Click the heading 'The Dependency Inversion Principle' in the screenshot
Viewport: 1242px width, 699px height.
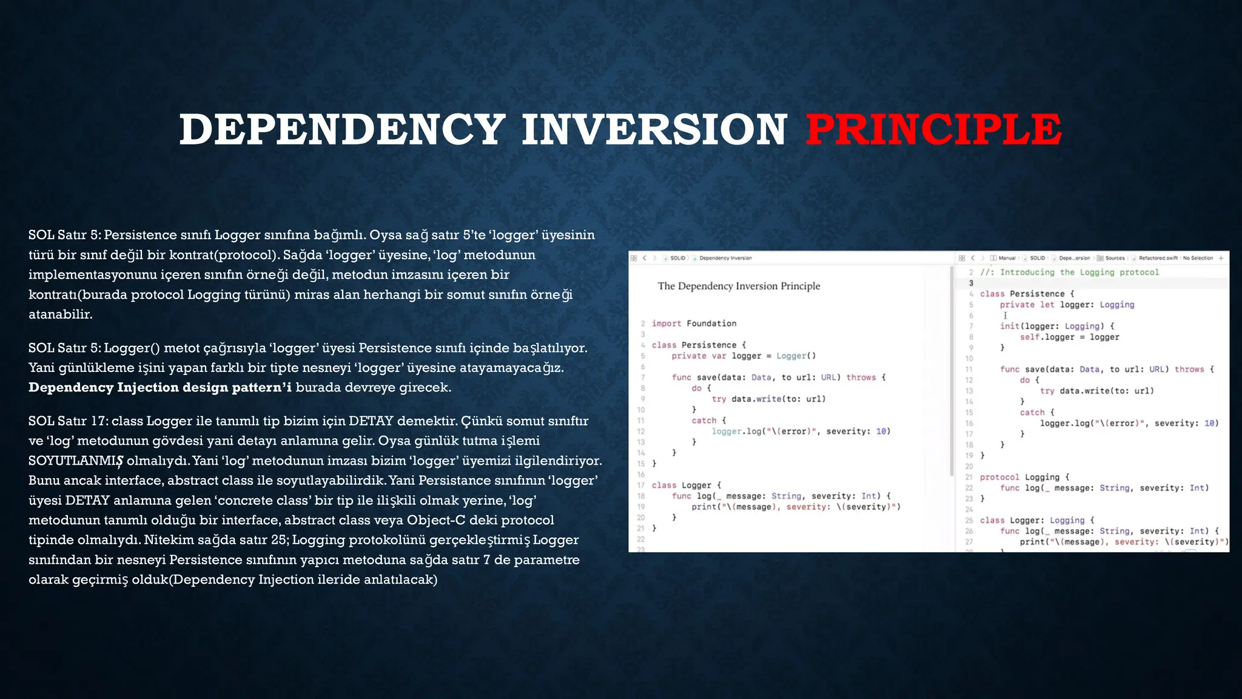739,286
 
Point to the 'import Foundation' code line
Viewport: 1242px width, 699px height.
694,323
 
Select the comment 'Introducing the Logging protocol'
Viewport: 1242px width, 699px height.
1079,272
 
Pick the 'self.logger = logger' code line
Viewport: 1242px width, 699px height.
1069,337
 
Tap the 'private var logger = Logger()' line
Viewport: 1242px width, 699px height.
744,356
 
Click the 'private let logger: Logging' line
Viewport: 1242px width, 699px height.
1067,305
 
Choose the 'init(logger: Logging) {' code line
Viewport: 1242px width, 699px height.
1057,326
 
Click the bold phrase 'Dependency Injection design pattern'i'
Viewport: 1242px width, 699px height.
160,388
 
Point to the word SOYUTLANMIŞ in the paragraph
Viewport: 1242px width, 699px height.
76,461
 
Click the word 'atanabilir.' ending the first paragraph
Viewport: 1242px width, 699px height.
61,314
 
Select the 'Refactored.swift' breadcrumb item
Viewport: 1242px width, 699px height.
1158,258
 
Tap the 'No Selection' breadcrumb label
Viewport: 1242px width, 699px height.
1198,258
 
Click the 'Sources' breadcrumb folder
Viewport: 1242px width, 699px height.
1115,258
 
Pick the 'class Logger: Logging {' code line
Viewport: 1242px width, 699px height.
1037,520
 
